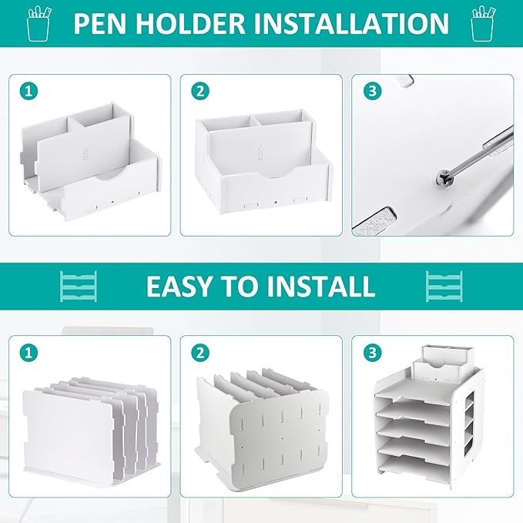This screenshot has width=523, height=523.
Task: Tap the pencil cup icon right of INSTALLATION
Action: (x=483, y=23)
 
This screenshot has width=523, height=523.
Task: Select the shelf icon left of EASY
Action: (x=79, y=287)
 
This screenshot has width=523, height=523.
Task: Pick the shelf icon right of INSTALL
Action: (x=444, y=287)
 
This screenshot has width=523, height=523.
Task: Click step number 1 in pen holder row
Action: (x=28, y=91)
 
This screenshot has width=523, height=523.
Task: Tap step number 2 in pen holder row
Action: (x=200, y=91)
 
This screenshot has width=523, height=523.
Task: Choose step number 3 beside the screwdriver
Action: (x=372, y=91)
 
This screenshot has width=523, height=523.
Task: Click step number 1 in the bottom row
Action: (x=28, y=353)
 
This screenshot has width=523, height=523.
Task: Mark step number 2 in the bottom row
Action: (x=200, y=353)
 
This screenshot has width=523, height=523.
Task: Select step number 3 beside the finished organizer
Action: (x=372, y=353)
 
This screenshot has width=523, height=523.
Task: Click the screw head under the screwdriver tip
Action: (x=444, y=180)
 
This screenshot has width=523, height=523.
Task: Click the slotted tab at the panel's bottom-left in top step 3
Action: (x=374, y=220)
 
